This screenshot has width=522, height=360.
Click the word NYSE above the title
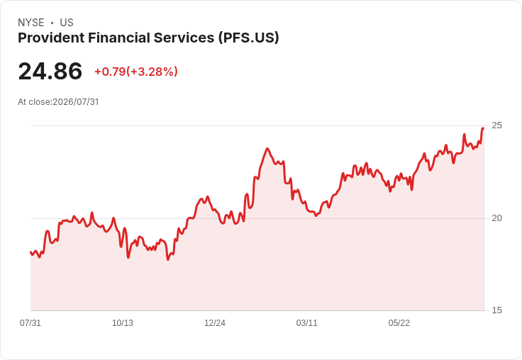[x=31, y=23]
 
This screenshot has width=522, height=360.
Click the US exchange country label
[x=67, y=23]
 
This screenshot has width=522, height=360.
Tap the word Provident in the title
[x=51, y=38]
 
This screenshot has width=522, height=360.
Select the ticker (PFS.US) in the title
[x=249, y=38]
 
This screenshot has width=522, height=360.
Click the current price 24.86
[x=50, y=71]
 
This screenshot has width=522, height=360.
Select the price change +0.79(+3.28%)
[x=136, y=72]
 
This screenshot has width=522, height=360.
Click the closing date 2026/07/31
[x=76, y=102]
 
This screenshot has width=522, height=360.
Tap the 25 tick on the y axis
[x=496, y=125]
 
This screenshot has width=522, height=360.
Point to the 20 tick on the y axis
[x=496, y=218]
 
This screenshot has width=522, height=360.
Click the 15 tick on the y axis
[x=496, y=310]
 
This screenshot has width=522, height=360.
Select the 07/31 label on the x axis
[x=30, y=322]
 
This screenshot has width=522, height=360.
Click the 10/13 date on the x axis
[x=123, y=322]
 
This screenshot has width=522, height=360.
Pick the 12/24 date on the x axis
[x=215, y=322]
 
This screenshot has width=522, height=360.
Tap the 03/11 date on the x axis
[x=306, y=322]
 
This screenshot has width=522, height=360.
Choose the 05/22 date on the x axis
[x=399, y=322]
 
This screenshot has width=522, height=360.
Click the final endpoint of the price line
[x=483, y=128]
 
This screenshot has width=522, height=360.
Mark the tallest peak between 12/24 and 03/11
[x=267, y=148]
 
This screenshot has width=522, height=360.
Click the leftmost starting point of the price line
[x=30, y=252]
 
